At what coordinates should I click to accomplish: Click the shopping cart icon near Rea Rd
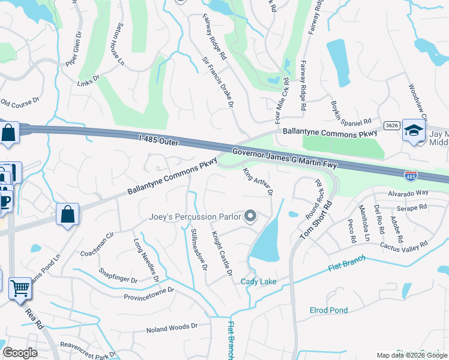(20, 289)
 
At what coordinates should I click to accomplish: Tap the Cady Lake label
(258, 281)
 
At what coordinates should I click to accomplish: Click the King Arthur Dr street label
(258, 183)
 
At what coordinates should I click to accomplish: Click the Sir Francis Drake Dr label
(217, 82)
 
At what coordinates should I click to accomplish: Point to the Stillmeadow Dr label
(199, 248)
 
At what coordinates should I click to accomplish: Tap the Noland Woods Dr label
(172, 328)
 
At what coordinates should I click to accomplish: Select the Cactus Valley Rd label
(403, 245)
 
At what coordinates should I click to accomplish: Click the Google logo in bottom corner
(20, 352)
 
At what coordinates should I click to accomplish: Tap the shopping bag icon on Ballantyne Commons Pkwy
(68, 214)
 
